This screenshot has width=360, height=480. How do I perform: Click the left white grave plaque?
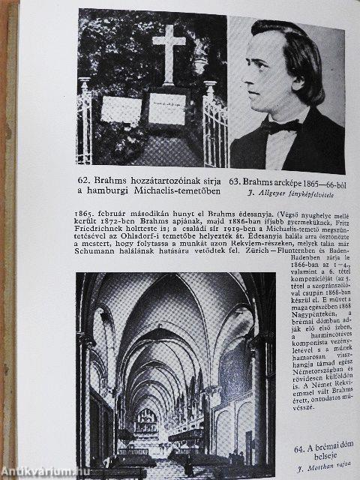pyautogui.click(x=121, y=109)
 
